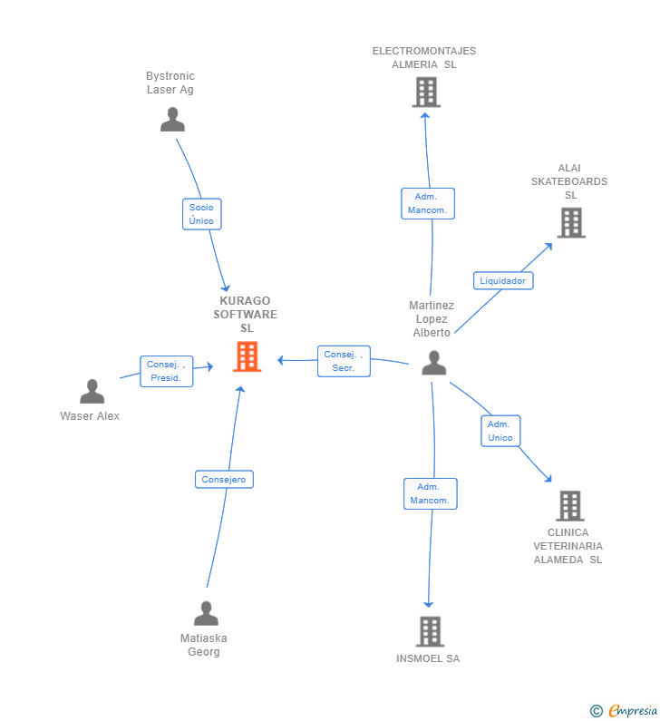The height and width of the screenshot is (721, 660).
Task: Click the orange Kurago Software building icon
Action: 247,356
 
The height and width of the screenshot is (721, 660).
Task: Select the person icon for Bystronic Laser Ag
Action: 172,120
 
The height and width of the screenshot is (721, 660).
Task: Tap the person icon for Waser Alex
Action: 92,392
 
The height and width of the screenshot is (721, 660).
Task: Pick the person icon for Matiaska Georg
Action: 206,614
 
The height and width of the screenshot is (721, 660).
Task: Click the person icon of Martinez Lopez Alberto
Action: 434,363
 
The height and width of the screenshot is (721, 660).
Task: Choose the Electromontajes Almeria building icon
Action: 426,92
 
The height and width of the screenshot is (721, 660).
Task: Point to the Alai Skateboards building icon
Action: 571,222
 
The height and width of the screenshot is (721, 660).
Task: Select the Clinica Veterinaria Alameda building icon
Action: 569,506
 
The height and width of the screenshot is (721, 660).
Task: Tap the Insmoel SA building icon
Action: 430,631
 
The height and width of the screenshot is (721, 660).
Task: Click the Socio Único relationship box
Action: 201,214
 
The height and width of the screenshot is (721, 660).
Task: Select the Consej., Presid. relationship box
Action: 167,371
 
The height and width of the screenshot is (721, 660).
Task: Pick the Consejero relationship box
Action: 224,479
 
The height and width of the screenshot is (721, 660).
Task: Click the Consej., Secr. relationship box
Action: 344,361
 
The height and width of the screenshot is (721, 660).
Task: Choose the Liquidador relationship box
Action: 503,280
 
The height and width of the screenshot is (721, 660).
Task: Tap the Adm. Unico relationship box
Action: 500,431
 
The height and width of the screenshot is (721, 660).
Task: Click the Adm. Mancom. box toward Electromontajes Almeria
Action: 427,203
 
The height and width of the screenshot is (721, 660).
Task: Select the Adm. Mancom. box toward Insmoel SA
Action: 430,493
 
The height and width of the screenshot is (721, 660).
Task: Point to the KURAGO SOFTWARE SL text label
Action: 246,314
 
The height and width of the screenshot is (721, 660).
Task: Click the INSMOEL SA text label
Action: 428,658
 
